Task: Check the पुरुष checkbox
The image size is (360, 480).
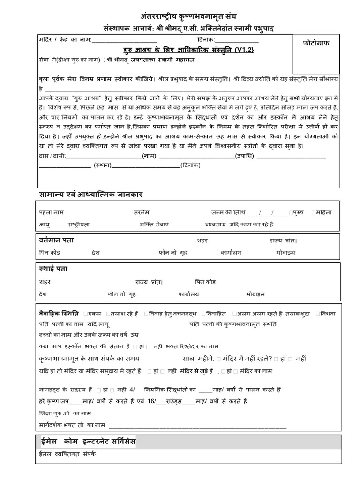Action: click(x=291, y=212)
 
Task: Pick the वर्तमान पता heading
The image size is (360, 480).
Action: click(x=56, y=240)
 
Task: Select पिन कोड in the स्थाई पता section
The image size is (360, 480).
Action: click(x=205, y=282)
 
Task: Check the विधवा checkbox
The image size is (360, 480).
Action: click(x=319, y=313)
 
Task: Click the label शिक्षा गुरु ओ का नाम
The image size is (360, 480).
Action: click(x=65, y=413)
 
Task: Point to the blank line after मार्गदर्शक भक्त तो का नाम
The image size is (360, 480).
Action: click(x=197, y=426)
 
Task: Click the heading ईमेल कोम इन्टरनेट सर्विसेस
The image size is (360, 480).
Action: click(x=87, y=442)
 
